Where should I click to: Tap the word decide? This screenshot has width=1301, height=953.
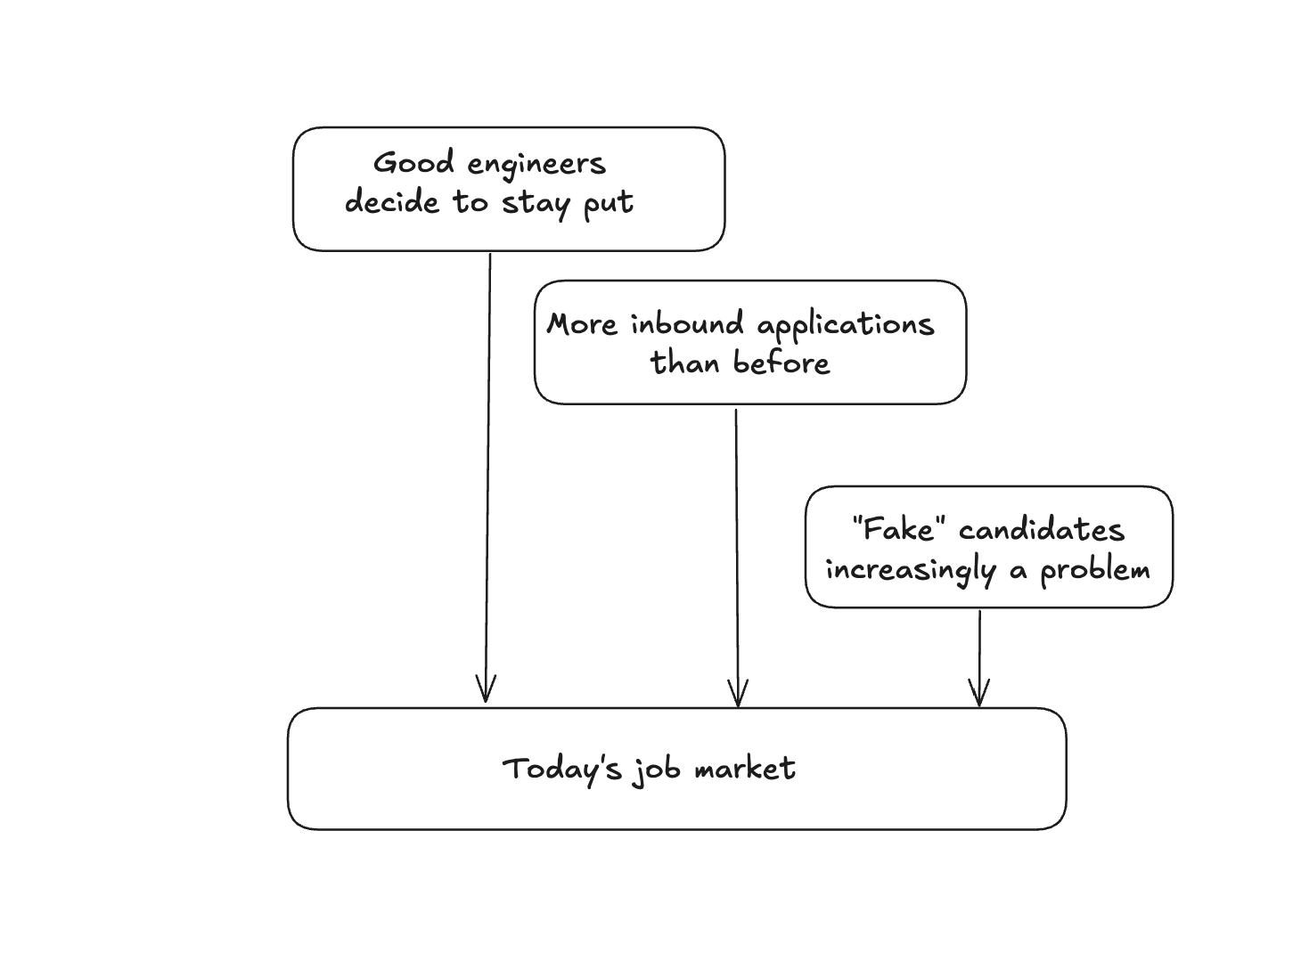pyautogui.click(x=392, y=202)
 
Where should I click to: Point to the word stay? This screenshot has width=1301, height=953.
pyautogui.click(x=536, y=204)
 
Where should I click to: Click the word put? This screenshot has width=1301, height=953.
pyautogui.click(x=609, y=204)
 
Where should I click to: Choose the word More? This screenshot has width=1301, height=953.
pyautogui.click(x=582, y=324)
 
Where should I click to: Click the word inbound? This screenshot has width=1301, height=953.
pyautogui.click(x=687, y=324)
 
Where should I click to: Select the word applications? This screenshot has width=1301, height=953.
pyautogui.click(x=845, y=326)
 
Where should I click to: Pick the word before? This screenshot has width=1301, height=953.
pyautogui.click(x=781, y=362)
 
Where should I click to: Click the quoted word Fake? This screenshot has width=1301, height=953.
pyautogui.click(x=897, y=530)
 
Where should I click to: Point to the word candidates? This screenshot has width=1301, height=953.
pyautogui.click(x=1042, y=531)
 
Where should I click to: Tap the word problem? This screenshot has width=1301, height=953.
pyautogui.click(x=1095, y=570)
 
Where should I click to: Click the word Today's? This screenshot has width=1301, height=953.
pyautogui.click(x=561, y=769)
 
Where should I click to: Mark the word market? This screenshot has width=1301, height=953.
pyautogui.click(x=745, y=769)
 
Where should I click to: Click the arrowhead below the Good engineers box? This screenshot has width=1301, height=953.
pyautogui.click(x=486, y=690)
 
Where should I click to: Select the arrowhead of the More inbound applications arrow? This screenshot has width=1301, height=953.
pyautogui.click(x=738, y=695)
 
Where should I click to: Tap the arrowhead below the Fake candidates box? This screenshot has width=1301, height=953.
pyautogui.click(x=979, y=694)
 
